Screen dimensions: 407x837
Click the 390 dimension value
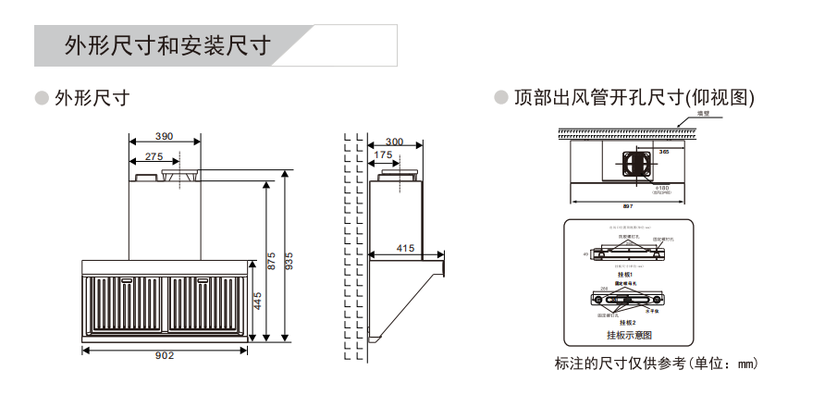pyautogui.click(x=164, y=137)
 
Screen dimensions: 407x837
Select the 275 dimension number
pyautogui.click(x=154, y=156)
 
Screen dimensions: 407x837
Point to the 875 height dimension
pyautogui.click(x=270, y=261)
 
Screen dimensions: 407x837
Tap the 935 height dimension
pyautogui.click(x=289, y=261)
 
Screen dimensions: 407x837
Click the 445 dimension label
pyautogui.click(x=259, y=302)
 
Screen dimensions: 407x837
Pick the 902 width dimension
pyautogui.click(x=164, y=355)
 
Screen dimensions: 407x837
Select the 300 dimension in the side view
pyautogui.click(x=394, y=142)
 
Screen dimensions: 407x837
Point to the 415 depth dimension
pyautogui.click(x=405, y=248)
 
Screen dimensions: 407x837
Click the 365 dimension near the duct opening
pyautogui.click(x=664, y=151)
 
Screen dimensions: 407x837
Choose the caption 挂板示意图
pyautogui.click(x=629, y=335)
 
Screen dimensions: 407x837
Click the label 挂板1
pyautogui.click(x=629, y=275)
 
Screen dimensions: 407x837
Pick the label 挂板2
pyautogui.click(x=629, y=322)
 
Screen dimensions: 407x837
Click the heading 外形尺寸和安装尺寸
pyautogui.click(x=166, y=46)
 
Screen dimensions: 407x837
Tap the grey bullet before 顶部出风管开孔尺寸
pyautogui.click(x=501, y=96)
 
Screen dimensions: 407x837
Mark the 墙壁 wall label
pyautogui.click(x=704, y=114)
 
